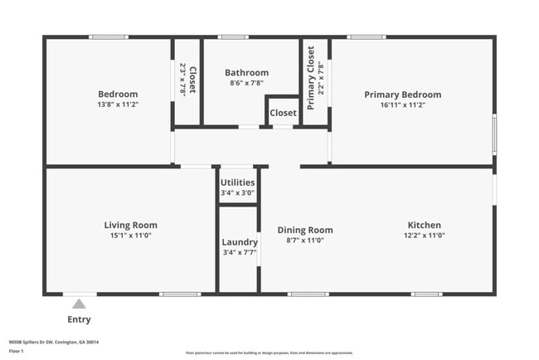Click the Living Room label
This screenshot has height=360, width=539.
click(x=130, y=225)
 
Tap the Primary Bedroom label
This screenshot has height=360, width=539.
click(x=403, y=95)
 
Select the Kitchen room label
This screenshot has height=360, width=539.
click(x=424, y=225)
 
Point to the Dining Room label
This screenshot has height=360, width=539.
click(x=304, y=230)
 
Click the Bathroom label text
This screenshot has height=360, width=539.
click(x=249, y=73)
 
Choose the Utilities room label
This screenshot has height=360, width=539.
click(x=237, y=182)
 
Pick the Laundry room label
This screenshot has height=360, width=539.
click(x=239, y=242)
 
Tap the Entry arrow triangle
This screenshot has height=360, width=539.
click(x=80, y=304)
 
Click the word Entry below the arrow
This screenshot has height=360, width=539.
click(x=80, y=319)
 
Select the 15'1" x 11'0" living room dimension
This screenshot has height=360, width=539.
click(x=130, y=236)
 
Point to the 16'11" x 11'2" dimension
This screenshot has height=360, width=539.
click(x=403, y=105)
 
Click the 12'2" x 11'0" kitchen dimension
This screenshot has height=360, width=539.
click(x=424, y=236)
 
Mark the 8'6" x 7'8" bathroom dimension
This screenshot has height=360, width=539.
click(x=249, y=83)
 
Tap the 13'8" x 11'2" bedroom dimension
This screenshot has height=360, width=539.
click(x=118, y=105)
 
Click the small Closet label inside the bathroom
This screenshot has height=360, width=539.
click(x=283, y=112)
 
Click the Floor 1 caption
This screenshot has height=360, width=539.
click(x=17, y=351)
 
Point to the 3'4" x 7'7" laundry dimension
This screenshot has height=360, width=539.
click(x=239, y=253)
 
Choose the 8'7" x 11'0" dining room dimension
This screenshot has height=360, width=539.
click(x=304, y=241)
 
